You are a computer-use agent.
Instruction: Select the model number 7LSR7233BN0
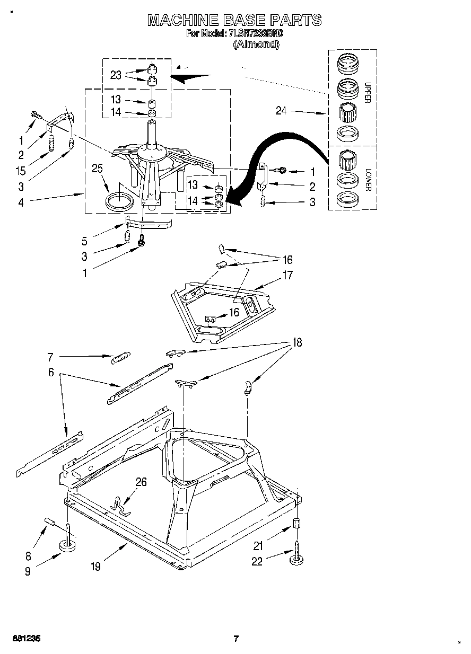[257, 33]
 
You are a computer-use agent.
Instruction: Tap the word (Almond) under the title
[256, 45]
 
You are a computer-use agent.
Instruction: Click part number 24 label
[282, 111]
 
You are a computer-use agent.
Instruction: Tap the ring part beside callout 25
[119, 202]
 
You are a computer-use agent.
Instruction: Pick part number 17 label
[287, 276]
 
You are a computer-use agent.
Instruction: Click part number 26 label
[141, 482]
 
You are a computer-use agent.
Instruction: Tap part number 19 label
[95, 567]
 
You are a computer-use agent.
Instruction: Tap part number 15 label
[21, 171]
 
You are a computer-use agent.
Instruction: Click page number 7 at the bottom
[236, 639]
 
